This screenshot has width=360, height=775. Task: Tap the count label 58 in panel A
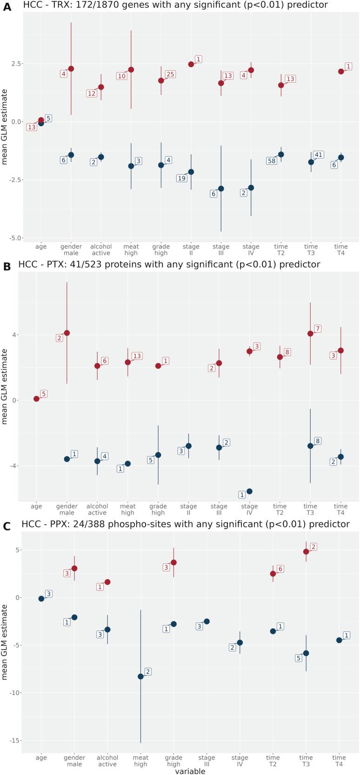click(272, 161)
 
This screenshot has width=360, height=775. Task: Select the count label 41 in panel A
click(318, 155)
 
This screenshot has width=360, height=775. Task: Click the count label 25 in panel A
click(170, 74)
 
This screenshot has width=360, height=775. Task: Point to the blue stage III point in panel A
click(221, 189)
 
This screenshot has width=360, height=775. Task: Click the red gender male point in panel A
click(71, 69)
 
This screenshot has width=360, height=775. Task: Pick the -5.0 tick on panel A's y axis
click(17, 238)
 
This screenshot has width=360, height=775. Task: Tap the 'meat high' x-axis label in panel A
click(131, 250)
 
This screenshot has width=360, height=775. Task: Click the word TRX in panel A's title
click(49, 5)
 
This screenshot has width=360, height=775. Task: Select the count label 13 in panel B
click(137, 356)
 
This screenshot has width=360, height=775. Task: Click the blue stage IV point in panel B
click(249, 491)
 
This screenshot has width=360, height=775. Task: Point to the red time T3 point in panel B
click(310, 333)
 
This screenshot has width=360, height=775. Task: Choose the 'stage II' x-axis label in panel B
click(188, 510)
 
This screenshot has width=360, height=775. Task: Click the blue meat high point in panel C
click(140, 676)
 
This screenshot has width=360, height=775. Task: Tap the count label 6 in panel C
click(280, 569)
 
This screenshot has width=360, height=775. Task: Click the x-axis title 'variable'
click(190, 771)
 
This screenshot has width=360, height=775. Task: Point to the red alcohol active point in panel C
click(107, 582)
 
